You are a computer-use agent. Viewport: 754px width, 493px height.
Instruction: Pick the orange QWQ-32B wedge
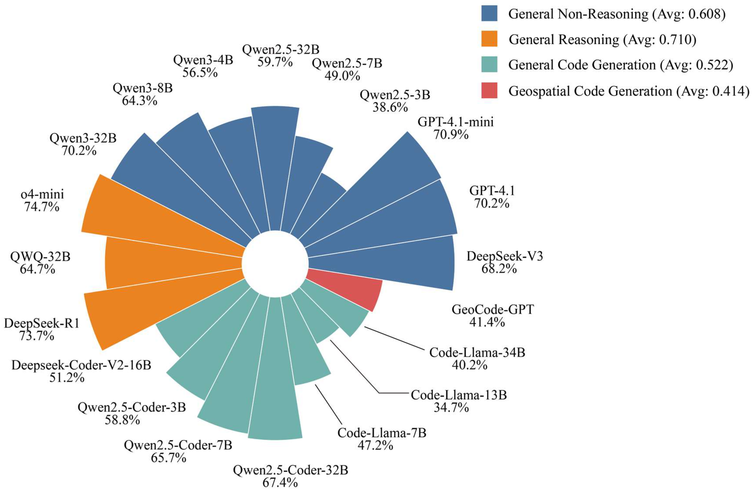coord(158,263)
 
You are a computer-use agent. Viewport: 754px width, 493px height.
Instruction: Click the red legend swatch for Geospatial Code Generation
coord(489,90)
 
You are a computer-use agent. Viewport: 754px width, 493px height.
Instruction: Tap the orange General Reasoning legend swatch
coord(489,39)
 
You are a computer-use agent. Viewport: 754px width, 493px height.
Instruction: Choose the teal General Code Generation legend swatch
coord(489,65)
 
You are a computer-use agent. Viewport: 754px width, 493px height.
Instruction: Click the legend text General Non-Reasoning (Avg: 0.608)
coord(616,14)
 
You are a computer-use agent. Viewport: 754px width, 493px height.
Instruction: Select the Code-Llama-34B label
coord(477,353)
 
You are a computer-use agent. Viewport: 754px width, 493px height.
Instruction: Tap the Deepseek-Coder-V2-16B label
coord(81,365)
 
